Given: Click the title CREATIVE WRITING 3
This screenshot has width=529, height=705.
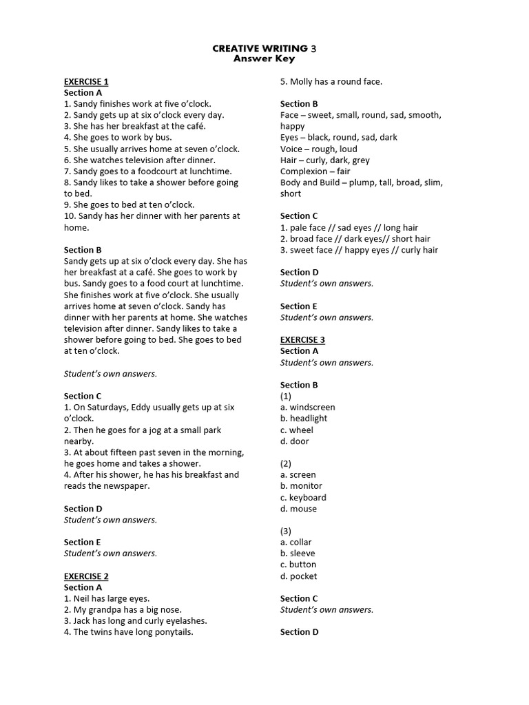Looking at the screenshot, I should coord(264,48).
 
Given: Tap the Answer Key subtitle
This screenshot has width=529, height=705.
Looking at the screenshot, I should coord(264,59).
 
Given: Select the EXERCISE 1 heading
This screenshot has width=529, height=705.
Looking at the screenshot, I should coord(86,81).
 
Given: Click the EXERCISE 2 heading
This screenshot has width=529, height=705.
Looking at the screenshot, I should coord(86,576).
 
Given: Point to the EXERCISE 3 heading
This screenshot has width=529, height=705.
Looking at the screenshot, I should coord(302,340).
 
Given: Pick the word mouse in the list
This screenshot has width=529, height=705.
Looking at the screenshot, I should coord(304,509).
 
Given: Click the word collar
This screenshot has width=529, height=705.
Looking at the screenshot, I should coord(301,543).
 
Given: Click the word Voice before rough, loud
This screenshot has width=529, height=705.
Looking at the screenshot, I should coord(291,149).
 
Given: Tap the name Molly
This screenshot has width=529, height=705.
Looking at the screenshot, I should coord(302,81).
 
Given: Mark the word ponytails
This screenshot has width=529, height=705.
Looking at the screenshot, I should coord(172,632).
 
